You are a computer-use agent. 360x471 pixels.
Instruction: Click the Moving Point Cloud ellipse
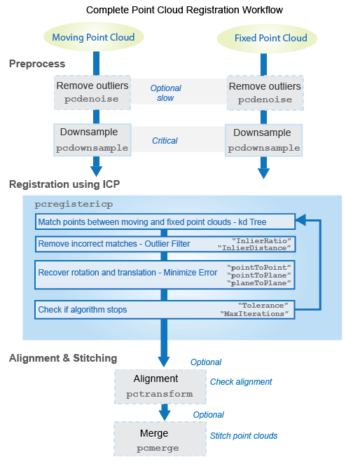click(94, 36)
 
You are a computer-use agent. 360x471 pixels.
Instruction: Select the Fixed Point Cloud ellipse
click(262, 38)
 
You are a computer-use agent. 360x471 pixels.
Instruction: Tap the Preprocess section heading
click(37, 64)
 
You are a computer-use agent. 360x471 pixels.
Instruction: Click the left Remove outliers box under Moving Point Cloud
click(92, 93)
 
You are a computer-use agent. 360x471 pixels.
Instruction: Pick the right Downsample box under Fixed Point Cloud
click(263, 140)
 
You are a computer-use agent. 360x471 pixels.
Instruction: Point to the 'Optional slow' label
click(165, 93)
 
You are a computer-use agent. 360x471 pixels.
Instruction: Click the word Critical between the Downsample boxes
click(165, 141)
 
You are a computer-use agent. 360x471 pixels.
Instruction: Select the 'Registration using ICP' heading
click(64, 184)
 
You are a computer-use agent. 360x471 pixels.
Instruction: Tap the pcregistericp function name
click(74, 204)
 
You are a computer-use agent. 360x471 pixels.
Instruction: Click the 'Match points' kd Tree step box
click(165, 221)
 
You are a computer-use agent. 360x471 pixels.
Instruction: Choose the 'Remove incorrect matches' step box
click(165, 245)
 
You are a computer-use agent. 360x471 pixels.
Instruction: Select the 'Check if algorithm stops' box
click(165, 309)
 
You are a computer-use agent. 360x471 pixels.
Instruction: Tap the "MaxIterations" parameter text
click(254, 314)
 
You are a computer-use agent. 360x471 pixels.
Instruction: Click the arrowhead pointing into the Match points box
click(301, 221)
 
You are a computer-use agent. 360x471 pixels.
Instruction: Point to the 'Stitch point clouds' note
click(244, 436)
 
